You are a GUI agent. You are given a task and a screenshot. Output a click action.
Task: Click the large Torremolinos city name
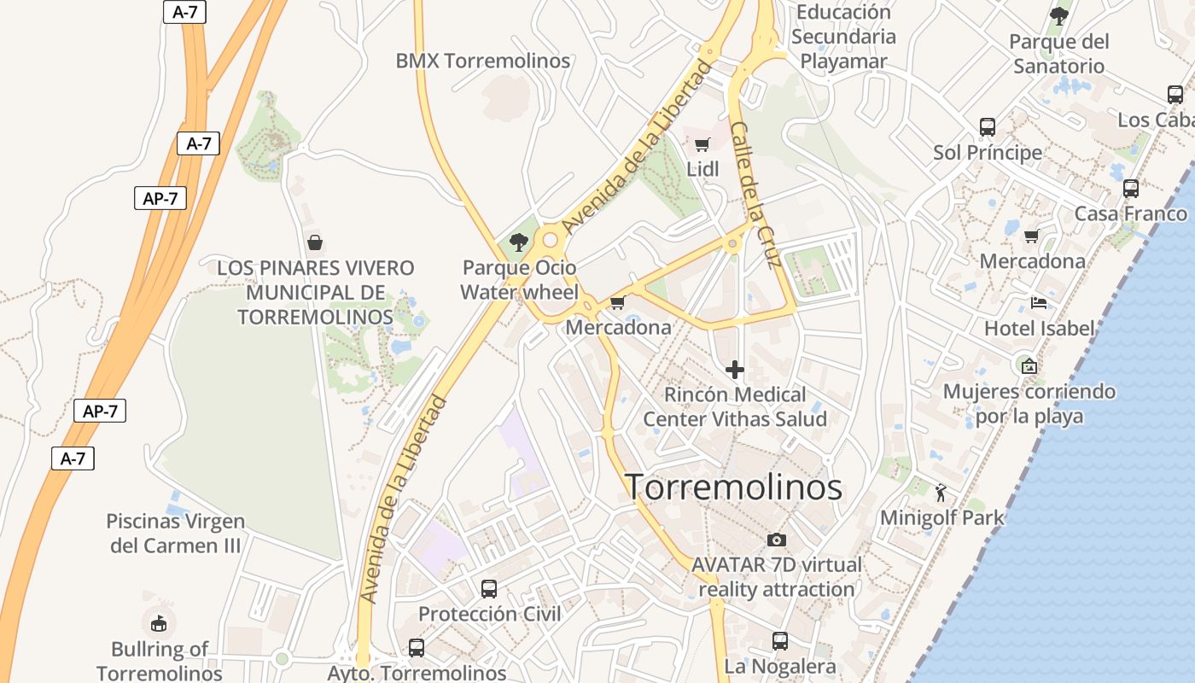coord(734,487)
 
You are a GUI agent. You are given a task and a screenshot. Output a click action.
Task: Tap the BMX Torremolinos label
coord(482,61)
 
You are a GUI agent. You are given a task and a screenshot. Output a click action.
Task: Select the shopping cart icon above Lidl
coord(702,144)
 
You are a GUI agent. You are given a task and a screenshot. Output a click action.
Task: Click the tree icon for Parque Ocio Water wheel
coord(518,242)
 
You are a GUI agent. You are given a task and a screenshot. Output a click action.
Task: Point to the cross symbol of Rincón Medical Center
coord(734,370)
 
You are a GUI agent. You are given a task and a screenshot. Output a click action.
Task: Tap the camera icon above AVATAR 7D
coord(776,540)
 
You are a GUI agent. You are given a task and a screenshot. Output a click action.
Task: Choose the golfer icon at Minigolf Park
coord(941,493)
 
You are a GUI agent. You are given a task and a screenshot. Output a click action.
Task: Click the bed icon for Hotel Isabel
coord(1038,303)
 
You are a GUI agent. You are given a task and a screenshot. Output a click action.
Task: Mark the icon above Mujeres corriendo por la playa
coord(1029,366)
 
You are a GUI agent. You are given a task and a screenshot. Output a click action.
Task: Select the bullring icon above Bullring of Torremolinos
coord(159,623)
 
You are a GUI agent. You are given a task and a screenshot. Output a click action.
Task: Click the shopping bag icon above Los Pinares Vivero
coord(315,242)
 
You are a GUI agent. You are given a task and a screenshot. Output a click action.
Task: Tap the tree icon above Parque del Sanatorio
coord(1058,15)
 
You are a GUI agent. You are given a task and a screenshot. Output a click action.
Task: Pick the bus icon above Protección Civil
coord(489,588)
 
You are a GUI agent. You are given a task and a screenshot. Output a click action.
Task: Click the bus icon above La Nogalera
coord(779,640)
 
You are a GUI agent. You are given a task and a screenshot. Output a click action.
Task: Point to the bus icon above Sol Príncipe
coord(988,127)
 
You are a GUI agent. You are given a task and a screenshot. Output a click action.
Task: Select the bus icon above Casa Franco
coord(1131,188)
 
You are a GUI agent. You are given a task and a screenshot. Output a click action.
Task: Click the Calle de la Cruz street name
coord(756,196)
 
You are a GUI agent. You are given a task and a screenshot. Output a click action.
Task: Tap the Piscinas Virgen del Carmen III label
coord(175,533)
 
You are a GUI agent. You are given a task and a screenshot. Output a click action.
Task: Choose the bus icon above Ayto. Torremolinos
coord(417,647)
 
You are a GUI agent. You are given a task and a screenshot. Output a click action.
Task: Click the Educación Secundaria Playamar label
coord(843,37)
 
